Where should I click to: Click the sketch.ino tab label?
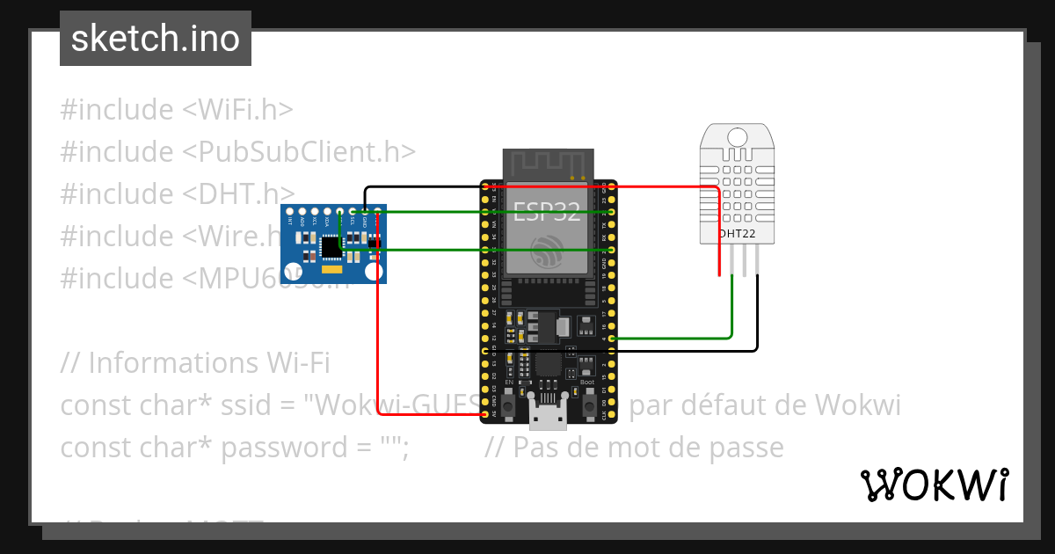coord(156,39)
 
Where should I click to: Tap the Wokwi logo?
coord(934,485)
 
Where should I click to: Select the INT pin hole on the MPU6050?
coord(289,212)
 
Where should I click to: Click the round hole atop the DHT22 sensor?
coord(737,136)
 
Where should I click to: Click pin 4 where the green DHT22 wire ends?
coord(612,338)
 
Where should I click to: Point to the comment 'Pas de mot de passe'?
coord(634,448)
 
